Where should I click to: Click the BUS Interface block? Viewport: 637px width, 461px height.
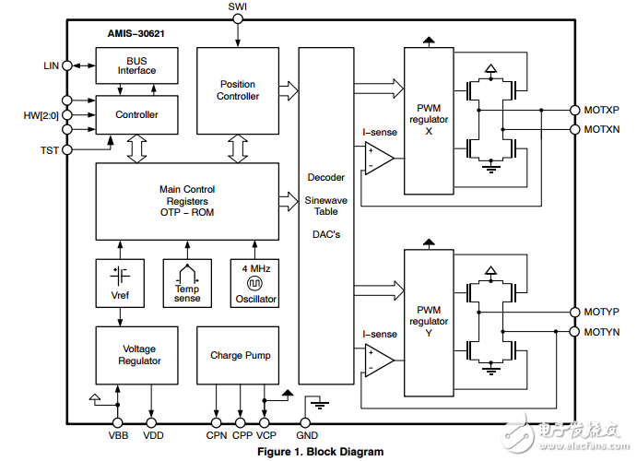pos(136,65)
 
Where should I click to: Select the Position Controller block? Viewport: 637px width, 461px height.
pos(238,89)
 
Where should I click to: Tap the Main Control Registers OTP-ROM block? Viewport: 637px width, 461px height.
pos(187,201)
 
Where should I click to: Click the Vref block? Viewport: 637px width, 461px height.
pos(120,284)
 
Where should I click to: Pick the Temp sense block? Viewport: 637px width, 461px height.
pos(187,284)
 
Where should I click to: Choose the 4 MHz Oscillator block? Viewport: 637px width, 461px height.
pos(254,284)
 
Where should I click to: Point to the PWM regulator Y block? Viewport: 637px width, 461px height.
pos(429,322)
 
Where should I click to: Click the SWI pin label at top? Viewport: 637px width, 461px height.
pos(238,7)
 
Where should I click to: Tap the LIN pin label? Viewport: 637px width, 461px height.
pos(51,65)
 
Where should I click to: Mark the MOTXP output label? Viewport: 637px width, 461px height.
pos(601,110)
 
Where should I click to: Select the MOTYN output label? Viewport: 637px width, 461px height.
pos(601,331)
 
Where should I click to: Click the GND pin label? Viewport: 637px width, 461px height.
pos(308,435)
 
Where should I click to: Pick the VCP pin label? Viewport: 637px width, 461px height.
pos(265,435)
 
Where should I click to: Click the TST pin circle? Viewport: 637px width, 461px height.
pos(66,149)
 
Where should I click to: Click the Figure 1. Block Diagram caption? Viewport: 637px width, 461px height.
pos(319,452)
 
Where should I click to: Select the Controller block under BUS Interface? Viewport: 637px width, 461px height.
pos(136,115)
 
